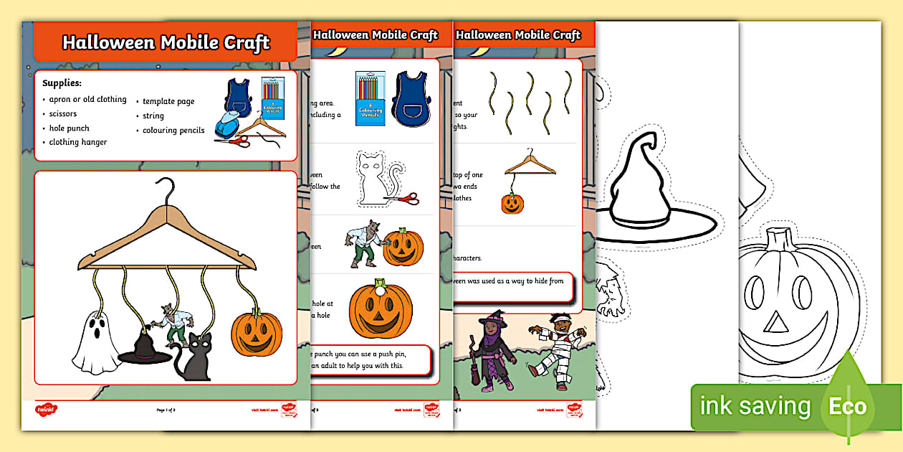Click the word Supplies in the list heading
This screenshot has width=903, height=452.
click(x=62, y=83)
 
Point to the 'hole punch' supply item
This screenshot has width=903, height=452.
click(x=69, y=128)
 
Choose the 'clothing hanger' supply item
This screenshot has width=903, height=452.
click(x=78, y=142)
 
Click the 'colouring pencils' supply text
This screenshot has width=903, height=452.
click(x=173, y=130)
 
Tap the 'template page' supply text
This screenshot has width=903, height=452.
click(x=168, y=101)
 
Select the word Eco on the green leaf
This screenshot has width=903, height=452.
click(x=848, y=407)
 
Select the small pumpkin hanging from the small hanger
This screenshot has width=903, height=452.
click(x=512, y=204)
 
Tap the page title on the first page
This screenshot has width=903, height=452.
click(x=166, y=42)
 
